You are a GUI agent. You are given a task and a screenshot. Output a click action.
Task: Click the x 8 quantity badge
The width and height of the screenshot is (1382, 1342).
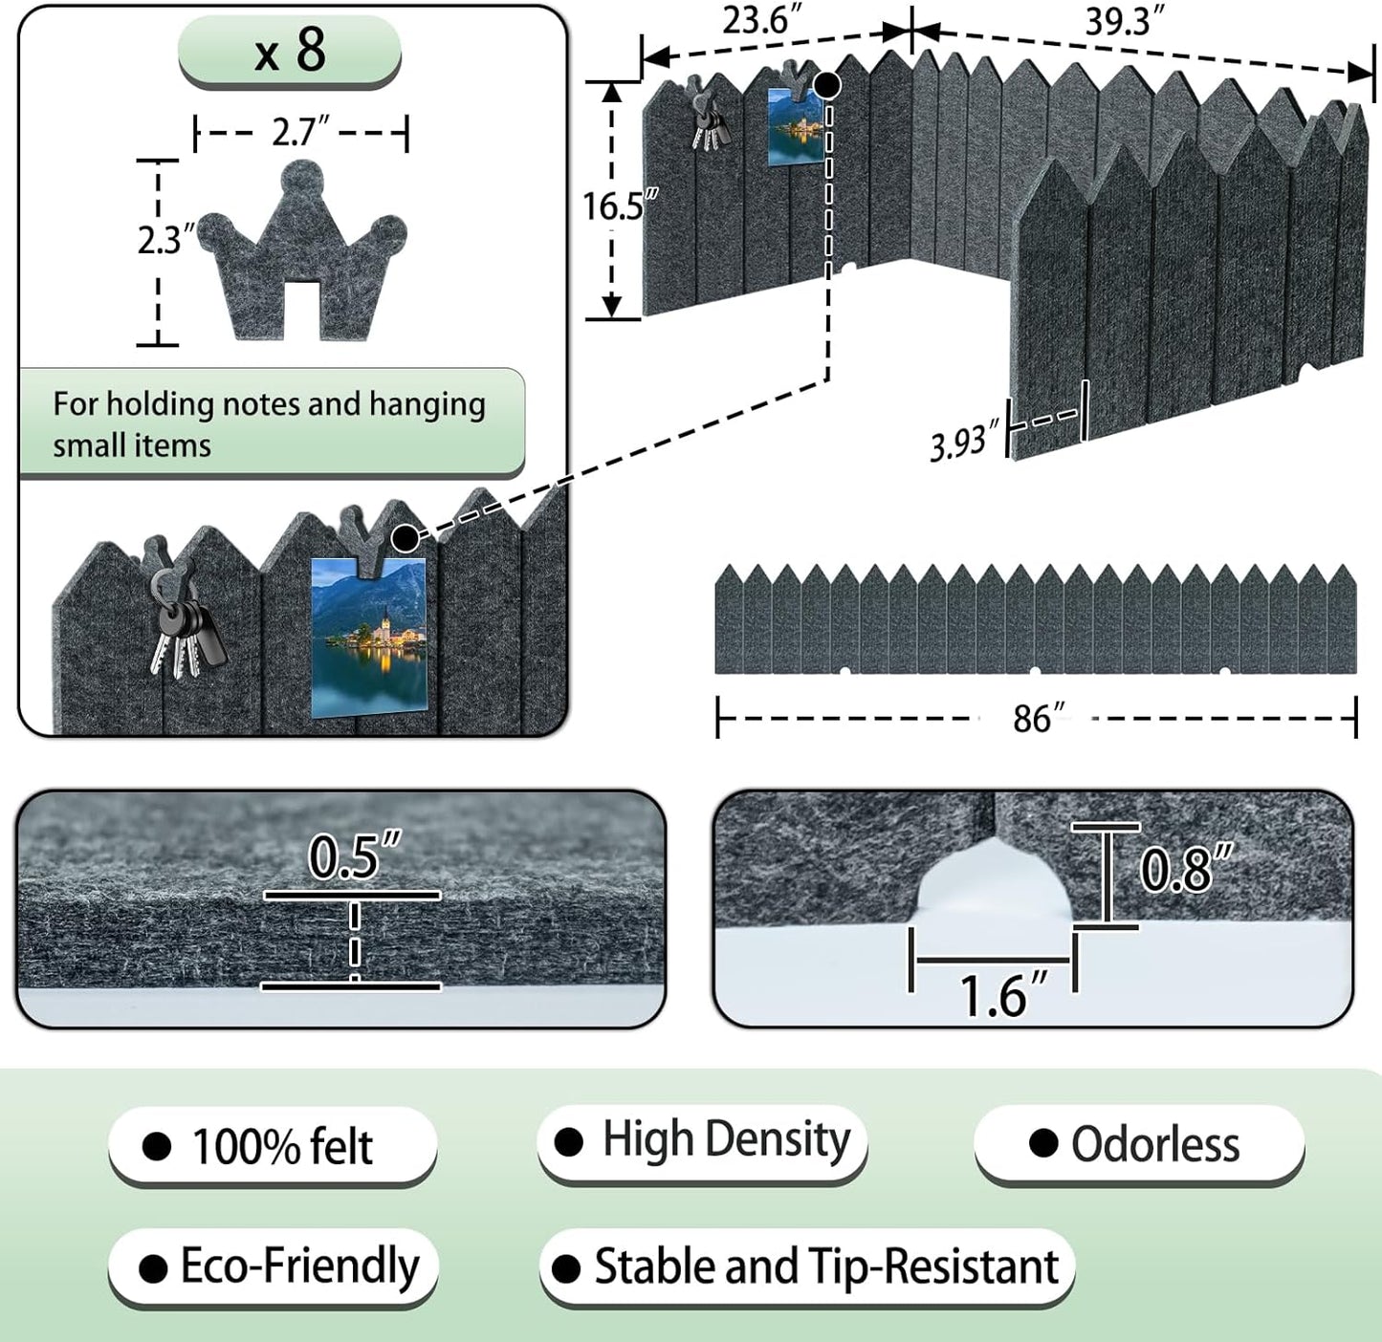click(289, 51)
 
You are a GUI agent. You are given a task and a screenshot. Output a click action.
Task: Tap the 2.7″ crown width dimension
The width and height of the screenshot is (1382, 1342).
click(300, 132)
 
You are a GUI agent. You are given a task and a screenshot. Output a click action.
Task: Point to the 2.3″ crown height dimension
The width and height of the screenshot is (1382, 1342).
click(165, 240)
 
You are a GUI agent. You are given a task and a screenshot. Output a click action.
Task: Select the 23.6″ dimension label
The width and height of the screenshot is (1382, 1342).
click(761, 19)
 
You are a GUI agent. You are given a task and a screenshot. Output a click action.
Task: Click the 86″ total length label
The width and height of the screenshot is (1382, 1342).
click(1037, 718)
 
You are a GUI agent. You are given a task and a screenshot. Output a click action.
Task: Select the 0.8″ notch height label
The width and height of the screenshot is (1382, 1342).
click(1185, 869)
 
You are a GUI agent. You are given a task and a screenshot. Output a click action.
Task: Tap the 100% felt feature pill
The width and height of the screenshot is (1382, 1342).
click(273, 1145)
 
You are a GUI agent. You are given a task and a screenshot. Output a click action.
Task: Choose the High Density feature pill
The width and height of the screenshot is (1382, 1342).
click(703, 1141)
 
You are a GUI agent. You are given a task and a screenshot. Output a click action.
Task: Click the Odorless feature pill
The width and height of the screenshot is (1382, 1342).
click(1139, 1143)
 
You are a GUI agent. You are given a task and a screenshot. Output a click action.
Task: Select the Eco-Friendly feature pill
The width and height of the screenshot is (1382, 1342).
click(274, 1267)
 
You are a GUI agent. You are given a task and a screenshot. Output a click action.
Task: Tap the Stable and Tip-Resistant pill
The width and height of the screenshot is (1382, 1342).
click(807, 1267)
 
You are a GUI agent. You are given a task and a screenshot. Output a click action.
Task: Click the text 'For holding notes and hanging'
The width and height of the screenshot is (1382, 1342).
click(269, 404)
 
